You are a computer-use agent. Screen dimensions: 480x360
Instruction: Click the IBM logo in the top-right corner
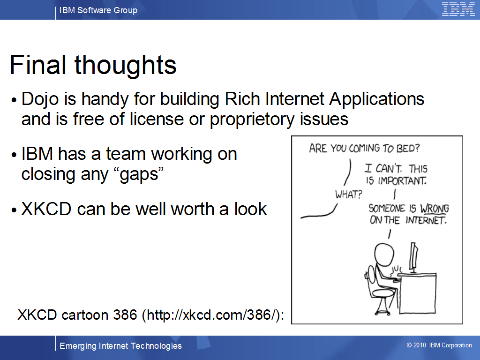(x=458, y=9)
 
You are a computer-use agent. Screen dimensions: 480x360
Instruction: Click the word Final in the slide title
(x=38, y=65)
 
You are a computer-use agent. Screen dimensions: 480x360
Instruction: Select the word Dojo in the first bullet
(x=40, y=100)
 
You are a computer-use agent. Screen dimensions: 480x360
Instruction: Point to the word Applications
(x=377, y=100)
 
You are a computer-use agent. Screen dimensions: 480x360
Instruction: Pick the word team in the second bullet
(x=126, y=154)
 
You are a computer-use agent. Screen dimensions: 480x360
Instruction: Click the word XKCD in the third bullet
(x=46, y=209)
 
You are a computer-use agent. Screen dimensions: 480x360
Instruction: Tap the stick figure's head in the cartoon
(x=384, y=254)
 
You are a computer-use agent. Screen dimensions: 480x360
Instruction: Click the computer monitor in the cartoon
(x=414, y=257)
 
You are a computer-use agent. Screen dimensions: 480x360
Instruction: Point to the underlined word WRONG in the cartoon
(x=435, y=209)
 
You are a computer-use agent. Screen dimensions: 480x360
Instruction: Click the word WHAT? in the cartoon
(x=348, y=194)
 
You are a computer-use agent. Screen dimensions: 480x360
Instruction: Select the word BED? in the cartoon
(x=408, y=148)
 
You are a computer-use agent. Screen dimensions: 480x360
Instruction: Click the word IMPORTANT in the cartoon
(x=402, y=180)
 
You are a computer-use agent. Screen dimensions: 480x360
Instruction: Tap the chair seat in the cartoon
(x=383, y=293)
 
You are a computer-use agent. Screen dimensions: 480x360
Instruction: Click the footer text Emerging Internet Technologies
(x=120, y=346)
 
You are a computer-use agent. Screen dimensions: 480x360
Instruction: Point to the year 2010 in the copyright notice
(x=420, y=345)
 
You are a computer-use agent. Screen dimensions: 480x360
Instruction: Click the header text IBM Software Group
(x=98, y=10)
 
